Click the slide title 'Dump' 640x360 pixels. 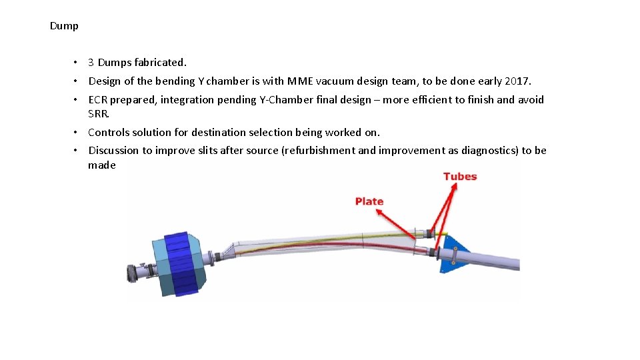pos(64,26)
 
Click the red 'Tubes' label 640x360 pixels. pos(460,177)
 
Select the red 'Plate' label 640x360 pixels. pos(369,201)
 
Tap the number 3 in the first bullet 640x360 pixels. pos(91,63)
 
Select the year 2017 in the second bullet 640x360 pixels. pos(517,81)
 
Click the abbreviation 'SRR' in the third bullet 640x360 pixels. pos(97,113)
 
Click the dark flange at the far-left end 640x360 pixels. pos(134,272)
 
